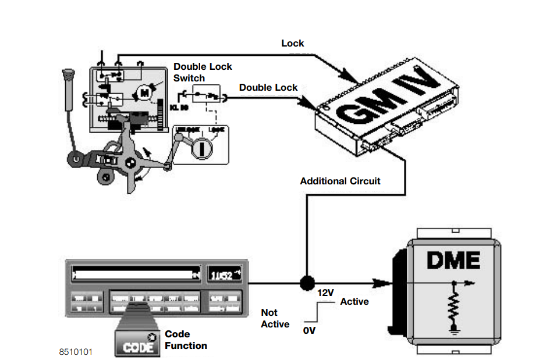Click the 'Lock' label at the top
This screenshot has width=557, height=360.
[292, 44]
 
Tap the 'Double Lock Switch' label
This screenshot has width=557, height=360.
[202, 72]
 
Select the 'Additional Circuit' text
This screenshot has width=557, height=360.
[340, 181]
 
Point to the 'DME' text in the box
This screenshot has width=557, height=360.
[453, 259]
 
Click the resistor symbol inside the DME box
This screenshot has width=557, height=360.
[453, 306]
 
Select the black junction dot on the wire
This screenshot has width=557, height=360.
[307, 284]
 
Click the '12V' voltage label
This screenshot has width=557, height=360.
[326, 293]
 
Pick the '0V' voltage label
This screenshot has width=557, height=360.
[310, 330]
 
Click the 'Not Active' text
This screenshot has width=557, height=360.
[275, 318]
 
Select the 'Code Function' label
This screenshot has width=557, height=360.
[186, 340]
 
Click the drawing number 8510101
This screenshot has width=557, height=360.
[75, 352]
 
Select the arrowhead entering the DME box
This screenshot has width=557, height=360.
[381, 284]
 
